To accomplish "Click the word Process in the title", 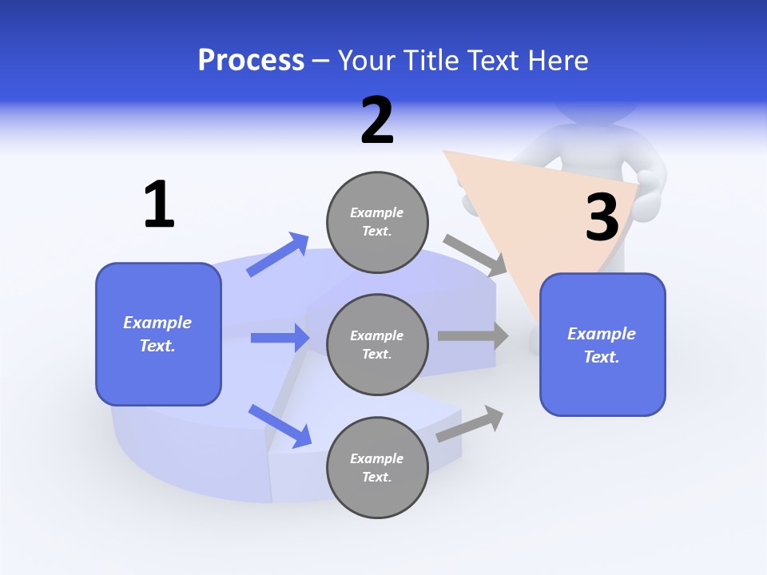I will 251,60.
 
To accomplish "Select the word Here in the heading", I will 557,60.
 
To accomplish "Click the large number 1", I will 159,204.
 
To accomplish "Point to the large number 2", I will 377,121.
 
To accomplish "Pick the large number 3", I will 602,217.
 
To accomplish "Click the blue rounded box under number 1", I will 158,334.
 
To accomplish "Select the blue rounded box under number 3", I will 602,345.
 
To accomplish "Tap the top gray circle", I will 377,222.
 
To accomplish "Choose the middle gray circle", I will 377,345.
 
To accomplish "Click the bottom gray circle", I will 377,468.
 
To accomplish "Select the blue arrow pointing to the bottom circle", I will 280,426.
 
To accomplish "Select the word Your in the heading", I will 364,60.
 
